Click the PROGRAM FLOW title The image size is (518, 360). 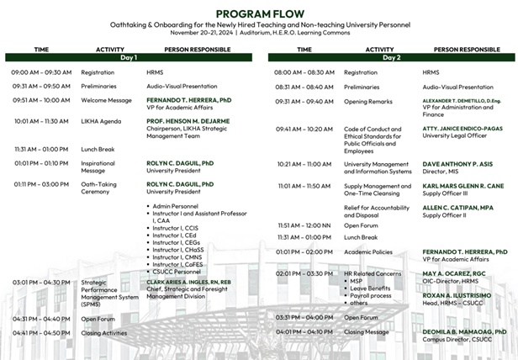[x=259, y=13]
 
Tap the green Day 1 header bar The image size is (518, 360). [x=129, y=58]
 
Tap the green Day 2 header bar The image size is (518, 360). [x=391, y=58]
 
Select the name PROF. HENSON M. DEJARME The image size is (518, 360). [x=186, y=121]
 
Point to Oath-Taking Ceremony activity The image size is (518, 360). [x=99, y=188]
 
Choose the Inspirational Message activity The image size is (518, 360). [x=98, y=167]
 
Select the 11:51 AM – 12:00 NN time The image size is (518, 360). [x=303, y=225]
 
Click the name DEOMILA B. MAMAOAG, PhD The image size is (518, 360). [x=465, y=331]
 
